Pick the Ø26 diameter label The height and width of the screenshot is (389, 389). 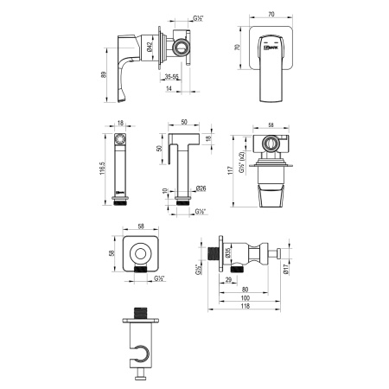200,188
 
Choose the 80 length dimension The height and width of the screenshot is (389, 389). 246,290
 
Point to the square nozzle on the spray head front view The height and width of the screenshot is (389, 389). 120,138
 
